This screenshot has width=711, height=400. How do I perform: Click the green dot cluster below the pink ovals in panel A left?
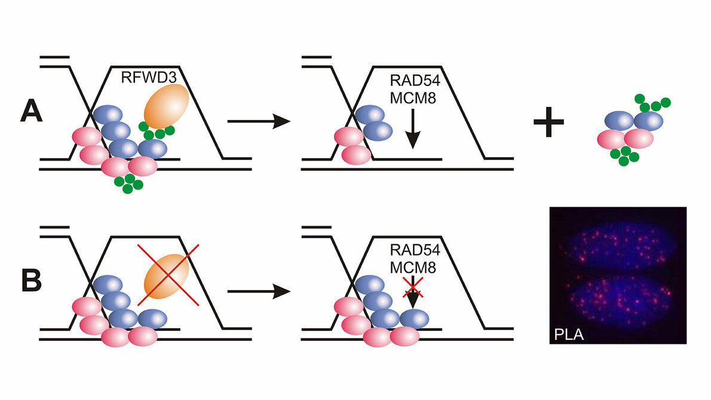[126, 183]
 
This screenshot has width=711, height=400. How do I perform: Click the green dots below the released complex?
[623, 156]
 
